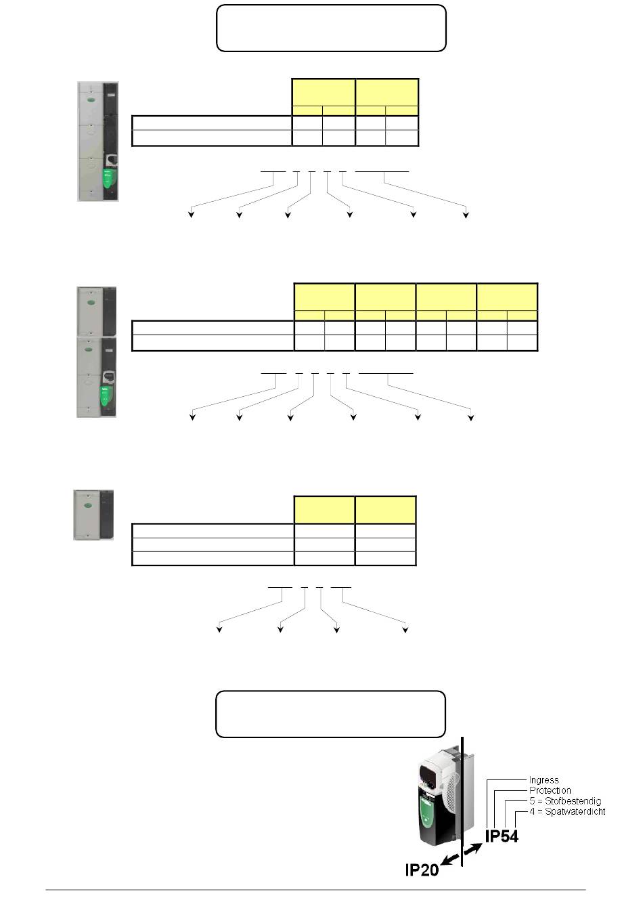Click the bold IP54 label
[502, 836]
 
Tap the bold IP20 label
[422, 870]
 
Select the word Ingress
[544, 780]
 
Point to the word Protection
[550, 790]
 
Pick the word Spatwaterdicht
[575, 811]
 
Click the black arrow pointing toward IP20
[451, 859]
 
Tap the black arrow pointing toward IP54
[473, 849]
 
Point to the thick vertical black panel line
[463, 802]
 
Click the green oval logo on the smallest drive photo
[87, 505]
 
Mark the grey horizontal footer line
[315, 890]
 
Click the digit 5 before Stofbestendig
[533, 801]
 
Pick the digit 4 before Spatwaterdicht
[533, 811]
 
